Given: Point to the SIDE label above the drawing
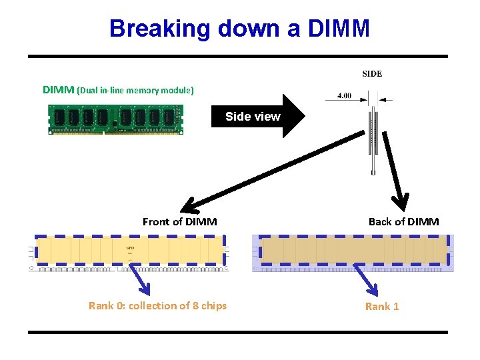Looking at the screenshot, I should [372, 74].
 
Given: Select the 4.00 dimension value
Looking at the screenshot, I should [344, 95].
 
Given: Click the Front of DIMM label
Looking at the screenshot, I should [179, 221].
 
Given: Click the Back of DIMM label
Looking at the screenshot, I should [403, 221].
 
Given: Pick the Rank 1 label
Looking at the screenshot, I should [382, 306].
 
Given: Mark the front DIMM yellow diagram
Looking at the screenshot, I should [131, 252].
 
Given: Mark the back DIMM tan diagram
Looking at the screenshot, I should [353, 253].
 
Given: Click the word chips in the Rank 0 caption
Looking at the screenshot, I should [213, 306].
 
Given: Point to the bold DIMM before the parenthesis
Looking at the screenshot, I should [59, 89].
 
